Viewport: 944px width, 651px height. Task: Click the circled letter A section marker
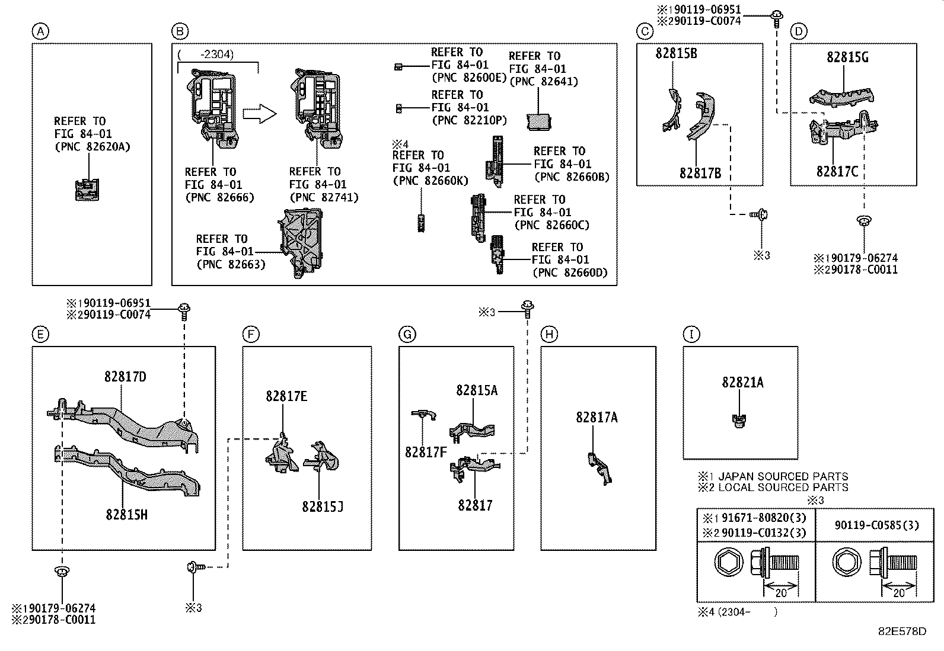click(40, 31)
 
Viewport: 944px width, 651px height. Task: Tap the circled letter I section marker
click(691, 334)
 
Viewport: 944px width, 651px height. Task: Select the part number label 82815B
click(676, 53)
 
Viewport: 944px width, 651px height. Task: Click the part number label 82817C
click(837, 171)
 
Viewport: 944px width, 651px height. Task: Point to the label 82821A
click(742, 382)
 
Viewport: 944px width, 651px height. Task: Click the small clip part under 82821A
click(739, 421)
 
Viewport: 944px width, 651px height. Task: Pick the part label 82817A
click(597, 417)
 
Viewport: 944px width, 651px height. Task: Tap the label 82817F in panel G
click(426, 452)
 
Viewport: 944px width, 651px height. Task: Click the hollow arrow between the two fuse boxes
click(260, 114)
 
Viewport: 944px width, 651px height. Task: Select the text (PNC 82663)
click(231, 264)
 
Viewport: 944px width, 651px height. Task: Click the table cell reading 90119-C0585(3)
click(876, 525)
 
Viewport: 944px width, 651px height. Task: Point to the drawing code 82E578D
click(902, 631)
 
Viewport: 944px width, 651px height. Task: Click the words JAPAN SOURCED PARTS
click(783, 477)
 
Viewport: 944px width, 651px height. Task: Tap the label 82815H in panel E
click(126, 515)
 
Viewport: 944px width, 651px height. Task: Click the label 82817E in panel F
click(286, 396)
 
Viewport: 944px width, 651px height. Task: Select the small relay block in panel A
click(87, 190)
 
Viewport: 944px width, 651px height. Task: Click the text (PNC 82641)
click(544, 81)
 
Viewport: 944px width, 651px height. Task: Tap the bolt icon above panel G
click(528, 308)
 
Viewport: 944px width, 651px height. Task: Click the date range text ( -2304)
click(206, 54)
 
